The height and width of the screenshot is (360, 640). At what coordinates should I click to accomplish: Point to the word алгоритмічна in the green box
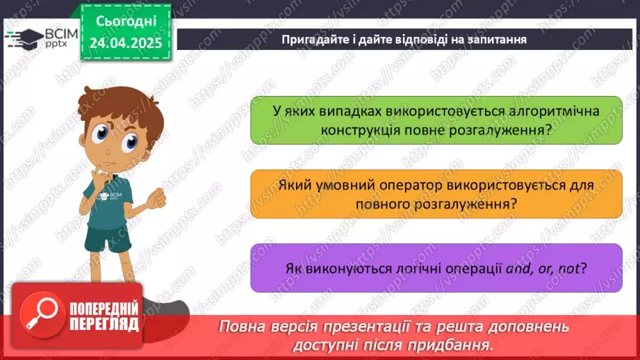(x=542, y=111)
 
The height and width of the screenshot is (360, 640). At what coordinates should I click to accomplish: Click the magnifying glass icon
(x=37, y=316)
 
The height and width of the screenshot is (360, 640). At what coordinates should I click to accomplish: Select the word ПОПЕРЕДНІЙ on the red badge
(x=101, y=309)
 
